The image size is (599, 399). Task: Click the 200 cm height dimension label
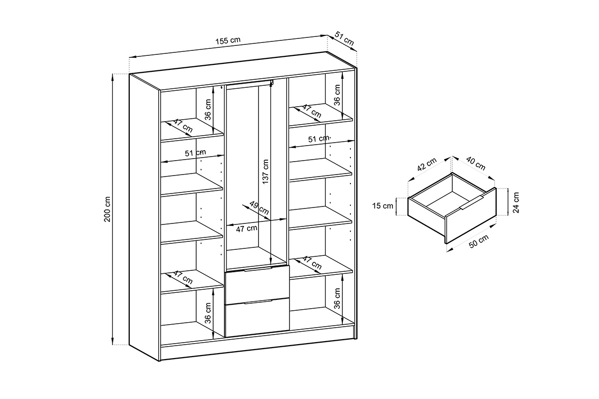coord(107,209)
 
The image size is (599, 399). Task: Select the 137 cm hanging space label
coord(266,170)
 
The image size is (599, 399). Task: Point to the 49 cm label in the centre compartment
coord(259,209)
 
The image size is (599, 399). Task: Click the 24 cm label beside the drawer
coord(516,202)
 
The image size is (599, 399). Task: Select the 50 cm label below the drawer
coord(479,241)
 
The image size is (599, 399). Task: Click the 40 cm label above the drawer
coord(475,163)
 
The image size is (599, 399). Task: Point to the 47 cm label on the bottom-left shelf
coord(182,277)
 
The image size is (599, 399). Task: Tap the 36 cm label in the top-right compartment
coord(337,94)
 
